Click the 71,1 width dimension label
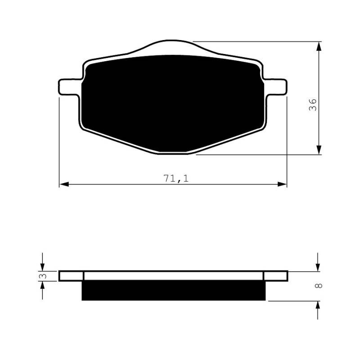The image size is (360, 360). click(176, 178)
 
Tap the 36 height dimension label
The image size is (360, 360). click(312, 105)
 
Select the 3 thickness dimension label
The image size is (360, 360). click(43, 276)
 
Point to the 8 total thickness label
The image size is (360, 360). click(319, 286)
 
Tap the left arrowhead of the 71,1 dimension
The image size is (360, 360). click(64, 184)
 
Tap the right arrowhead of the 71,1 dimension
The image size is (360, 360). click(282, 184)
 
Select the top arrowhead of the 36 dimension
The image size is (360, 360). click(319, 46)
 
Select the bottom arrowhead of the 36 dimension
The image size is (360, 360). click(319, 150)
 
